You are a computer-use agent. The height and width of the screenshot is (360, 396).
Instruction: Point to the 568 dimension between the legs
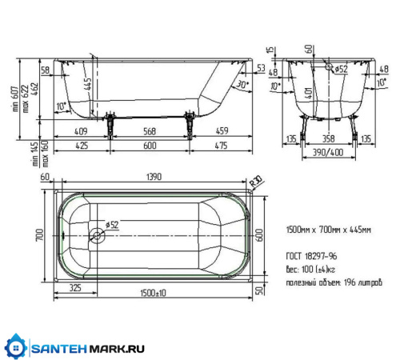150,134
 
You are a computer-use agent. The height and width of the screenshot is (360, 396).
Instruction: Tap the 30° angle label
242,82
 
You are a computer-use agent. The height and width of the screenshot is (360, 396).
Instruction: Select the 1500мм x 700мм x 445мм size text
329,229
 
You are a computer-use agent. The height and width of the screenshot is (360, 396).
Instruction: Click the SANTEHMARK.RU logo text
88,348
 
